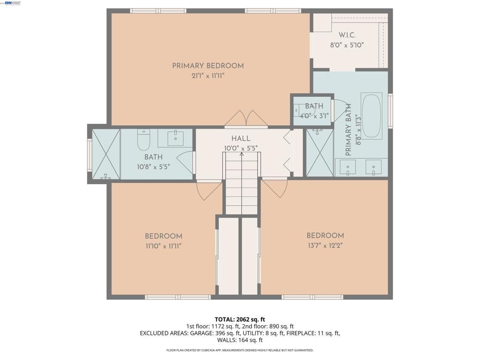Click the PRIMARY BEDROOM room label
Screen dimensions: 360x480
click(x=208, y=66)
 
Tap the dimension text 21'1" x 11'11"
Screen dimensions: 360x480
click(x=208, y=75)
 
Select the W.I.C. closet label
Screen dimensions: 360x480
click(x=347, y=36)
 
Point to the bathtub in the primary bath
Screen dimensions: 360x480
click(x=372, y=115)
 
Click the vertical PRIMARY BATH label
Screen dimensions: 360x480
click(x=349, y=136)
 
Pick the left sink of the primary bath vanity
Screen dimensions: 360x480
click(x=347, y=167)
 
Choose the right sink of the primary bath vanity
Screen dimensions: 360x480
click(x=374, y=167)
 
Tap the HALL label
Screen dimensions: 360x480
click(x=240, y=139)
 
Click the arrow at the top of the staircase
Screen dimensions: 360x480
click(x=241, y=154)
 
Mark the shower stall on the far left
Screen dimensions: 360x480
click(x=106, y=154)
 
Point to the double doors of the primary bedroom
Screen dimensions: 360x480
click(x=246, y=118)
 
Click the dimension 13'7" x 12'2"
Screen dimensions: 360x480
click(x=325, y=245)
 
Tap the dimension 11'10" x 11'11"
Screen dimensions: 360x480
click(x=163, y=246)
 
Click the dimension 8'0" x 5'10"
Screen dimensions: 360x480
click(x=347, y=45)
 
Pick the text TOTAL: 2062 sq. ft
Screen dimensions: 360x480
click(x=240, y=320)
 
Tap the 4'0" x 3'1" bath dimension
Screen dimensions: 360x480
click(x=314, y=115)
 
